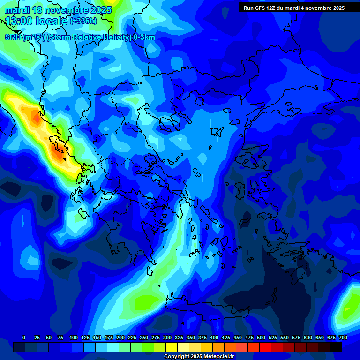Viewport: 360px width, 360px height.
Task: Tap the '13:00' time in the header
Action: pyautogui.click(x=18, y=21)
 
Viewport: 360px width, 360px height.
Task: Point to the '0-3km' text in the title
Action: pyautogui.click(x=144, y=37)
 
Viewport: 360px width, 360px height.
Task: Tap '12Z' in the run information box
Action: pyautogui.click(x=275, y=8)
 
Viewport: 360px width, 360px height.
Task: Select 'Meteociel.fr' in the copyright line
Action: pyautogui.click(x=217, y=357)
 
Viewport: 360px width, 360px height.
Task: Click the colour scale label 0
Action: pyautogui.click(x=24, y=337)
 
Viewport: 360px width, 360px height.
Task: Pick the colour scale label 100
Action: pyautogui.click(x=74, y=337)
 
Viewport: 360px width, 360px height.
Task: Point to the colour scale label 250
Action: pyautogui.click(x=144, y=337)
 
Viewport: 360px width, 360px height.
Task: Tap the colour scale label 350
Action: pyautogui.click(x=191, y=337)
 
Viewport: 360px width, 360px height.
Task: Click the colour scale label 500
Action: pyautogui.click(x=261, y=337)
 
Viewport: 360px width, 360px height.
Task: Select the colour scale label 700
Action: pyautogui.click(x=343, y=337)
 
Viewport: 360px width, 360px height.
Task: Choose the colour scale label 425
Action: pyautogui.click(x=226, y=337)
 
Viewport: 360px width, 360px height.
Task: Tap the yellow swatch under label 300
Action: pyautogui.click(x=172, y=347)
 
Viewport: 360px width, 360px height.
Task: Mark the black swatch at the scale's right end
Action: pyautogui.click(x=336, y=347)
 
